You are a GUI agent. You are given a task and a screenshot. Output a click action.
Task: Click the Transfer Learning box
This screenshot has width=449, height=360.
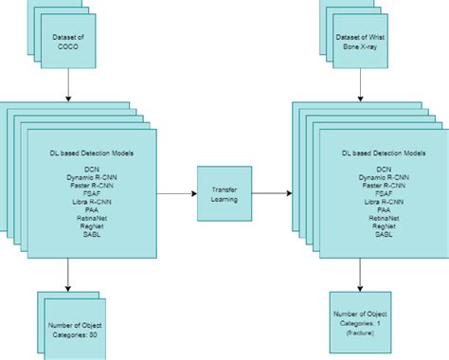pyautogui.click(x=224, y=194)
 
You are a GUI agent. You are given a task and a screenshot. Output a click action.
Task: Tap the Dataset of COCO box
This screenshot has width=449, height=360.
pyautogui.click(x=68, y=41)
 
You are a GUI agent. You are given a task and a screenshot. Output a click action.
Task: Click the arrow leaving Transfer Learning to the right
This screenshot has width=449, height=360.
pyautogui.click(x=273, y=193)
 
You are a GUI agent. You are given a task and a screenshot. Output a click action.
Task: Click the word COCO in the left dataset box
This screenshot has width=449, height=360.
pyautogui.click(x=68, y=46)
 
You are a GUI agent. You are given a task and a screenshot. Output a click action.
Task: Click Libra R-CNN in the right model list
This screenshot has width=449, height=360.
pyautogui.click(x=384, y=203)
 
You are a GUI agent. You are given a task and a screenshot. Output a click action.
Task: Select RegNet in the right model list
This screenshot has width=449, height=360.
pyautogui.click(x=384, y=225)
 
